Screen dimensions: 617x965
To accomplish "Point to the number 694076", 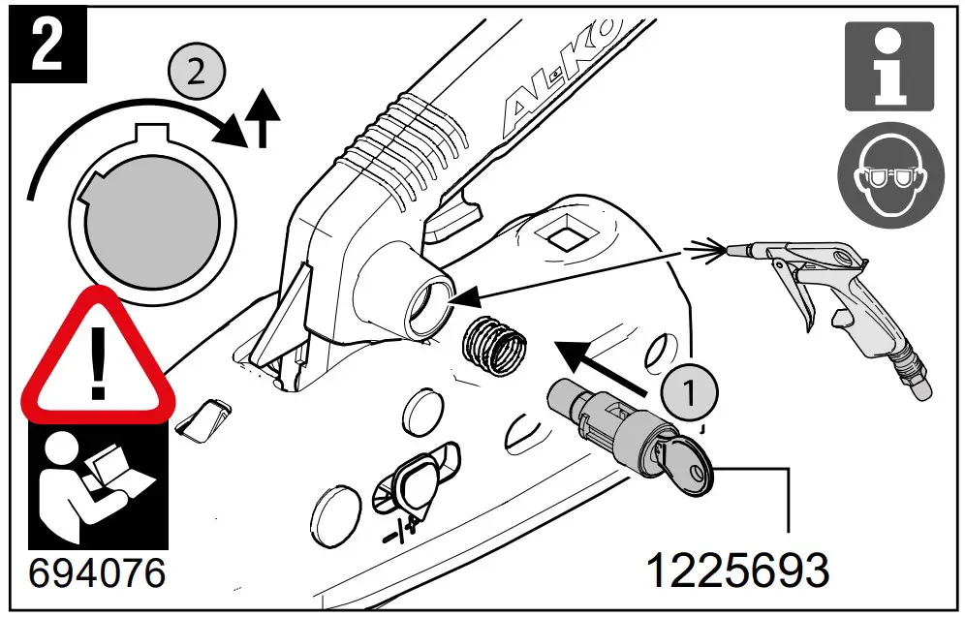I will [96, 571].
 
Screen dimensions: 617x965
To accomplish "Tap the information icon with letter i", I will [888, 65].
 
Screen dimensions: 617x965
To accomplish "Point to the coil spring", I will [495, 345].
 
